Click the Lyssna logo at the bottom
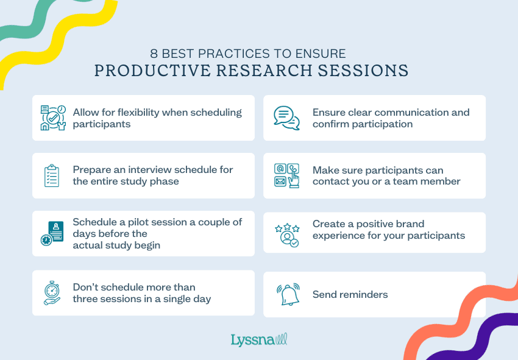[x=258, y=340]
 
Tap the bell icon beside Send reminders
[x=288, y=294]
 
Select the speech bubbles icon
[x=286, y=118]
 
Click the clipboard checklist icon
[x=52, y=175]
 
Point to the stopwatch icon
[x=52, y=292]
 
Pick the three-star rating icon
[x=287, y=235]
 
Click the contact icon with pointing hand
[x=287, y=175]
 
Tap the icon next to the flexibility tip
[x=53, y=118]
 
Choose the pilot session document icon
[x=52, y=233]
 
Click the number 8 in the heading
[x=154, y=54]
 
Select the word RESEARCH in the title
[x=264, y=71]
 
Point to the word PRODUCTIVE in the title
[x=152, y=71]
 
